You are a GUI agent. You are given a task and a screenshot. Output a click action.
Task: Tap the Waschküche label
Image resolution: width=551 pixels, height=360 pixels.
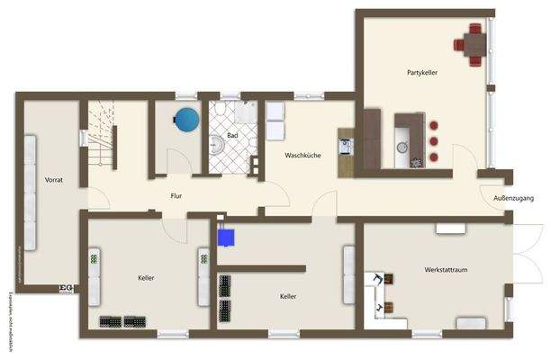[x=303, y=156]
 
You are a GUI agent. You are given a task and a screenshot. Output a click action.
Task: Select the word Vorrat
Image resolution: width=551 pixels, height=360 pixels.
[x=53, y=180]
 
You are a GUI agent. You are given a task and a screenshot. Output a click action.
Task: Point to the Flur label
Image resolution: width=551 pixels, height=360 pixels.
[x=177, y=195]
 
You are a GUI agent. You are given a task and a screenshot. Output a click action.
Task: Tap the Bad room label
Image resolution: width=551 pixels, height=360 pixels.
[x=232, y=136]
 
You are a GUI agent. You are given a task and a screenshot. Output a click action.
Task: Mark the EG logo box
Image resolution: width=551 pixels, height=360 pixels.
[x=65, y=288]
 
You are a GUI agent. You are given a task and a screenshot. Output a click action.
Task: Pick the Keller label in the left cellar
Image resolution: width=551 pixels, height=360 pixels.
[x=147, y=278]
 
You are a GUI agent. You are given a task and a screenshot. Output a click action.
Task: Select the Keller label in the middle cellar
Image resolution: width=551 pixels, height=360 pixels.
[x=288, y=296]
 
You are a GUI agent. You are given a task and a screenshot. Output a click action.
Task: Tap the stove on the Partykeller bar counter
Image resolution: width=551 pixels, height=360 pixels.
[x=416, y=162]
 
